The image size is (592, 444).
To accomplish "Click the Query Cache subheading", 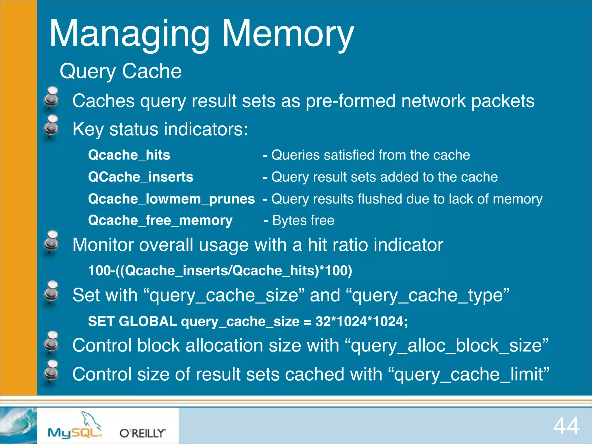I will [x=121, y=71].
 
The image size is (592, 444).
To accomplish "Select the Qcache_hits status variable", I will [x=129, y=155].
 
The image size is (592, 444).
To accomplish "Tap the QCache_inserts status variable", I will [x=140, y=177].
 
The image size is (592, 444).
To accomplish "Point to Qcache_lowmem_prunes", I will [x=171, y=199].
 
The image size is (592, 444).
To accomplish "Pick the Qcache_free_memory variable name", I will [x=160, y=221].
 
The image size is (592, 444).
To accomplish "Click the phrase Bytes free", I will [x=303, y=221].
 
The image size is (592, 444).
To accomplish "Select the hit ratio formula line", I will [x=220, y=271].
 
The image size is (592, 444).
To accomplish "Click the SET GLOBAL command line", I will [x=248, y=321].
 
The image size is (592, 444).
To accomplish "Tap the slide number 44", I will [x=566, y=426].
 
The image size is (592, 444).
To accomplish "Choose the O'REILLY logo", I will [x=143, y=433].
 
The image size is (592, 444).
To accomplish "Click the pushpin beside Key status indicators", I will [x=51, y=127].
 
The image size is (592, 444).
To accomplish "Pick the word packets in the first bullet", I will [x=503, y=101].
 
